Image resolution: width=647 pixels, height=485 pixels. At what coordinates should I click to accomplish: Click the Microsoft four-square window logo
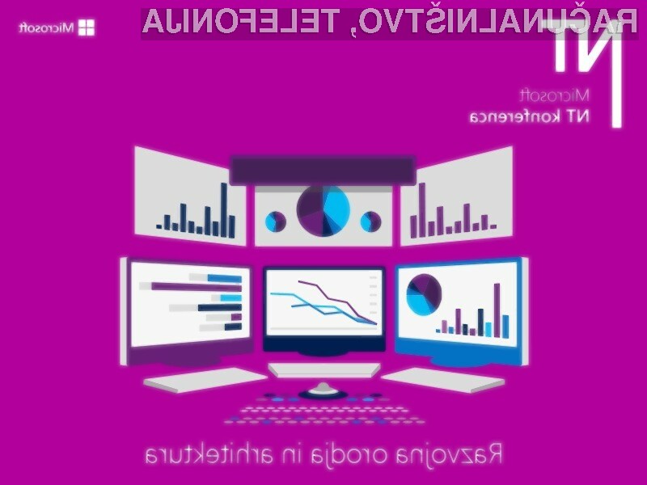pyautogui.click(x=87, y=27)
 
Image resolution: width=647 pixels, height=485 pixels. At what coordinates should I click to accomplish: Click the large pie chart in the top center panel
pyautogui.click(x=323, y=211)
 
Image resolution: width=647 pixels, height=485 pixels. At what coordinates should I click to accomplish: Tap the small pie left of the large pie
pyautogui.click(x=275, y=221)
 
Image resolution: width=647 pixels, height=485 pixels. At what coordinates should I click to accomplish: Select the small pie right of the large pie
pyautogui.click(x=370, y=221)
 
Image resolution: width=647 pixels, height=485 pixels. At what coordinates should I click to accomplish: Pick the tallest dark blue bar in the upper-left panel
pyautogui.click(x=224, y=210)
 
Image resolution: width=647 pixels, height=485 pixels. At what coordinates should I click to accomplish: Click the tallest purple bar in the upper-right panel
pyautogui.click(x=422, y=210)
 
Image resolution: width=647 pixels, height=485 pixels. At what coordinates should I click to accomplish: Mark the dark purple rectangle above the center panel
pyautogui.click(x=322, y=170)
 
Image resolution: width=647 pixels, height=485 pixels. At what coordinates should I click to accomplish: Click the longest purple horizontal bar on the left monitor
pyautogui.click(x=197, y=287)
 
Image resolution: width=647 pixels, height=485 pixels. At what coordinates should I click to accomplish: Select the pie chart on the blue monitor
pyautogui.click(x=424, y=294)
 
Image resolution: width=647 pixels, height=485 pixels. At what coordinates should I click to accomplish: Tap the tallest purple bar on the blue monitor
pyautogui.click(x=497, y=310)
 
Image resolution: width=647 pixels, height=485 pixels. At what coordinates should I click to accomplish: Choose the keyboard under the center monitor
pyautogui.click(x=324, y=370)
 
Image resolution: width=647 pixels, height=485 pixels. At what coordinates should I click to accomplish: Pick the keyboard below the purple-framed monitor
pyautogui.click(x=205, y=380)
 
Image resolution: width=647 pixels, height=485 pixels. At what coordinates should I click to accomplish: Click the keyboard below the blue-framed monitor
pyautogui.click(x=442, y=380)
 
